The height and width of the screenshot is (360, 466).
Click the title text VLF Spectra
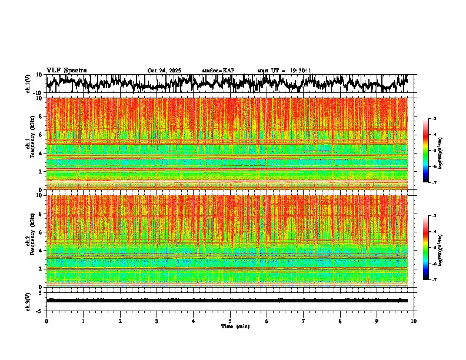(x=66, y=71)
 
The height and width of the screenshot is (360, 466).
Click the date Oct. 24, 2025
(x=164, y=71)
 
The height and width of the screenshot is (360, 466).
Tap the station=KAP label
(x=218, y=71)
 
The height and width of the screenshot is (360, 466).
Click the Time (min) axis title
(x=235, y=326)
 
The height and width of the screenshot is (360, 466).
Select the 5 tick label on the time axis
(x=230, y=321)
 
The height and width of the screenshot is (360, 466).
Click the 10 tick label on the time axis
(x=414, y=321)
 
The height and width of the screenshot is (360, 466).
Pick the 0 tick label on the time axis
(x=46, y=321)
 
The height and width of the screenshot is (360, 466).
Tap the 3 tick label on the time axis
(x=157, y=321)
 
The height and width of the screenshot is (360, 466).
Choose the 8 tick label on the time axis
(x=340, y=321)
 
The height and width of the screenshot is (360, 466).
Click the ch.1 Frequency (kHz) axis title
(x=29, y=141)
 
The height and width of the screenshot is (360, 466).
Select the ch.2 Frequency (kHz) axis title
(x=29, y=238)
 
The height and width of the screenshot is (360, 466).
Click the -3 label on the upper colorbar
(x=434, y=119)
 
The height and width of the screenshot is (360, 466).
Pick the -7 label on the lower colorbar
(x=434, y=280)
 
